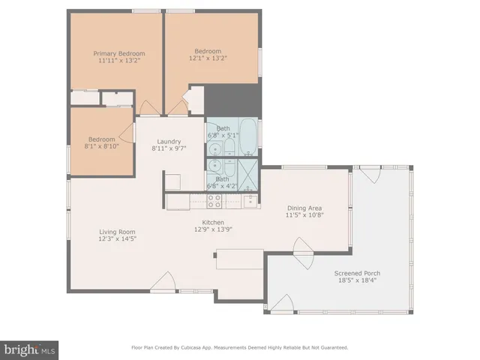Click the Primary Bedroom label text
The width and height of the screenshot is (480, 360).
click(x=118, y=54)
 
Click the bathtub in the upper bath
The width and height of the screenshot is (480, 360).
click(x=247, y=136)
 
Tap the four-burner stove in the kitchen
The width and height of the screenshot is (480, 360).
click(x=214, y=200)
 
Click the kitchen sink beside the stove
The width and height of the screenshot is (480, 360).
click(x=249, y=200)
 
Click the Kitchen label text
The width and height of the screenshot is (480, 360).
click(x=214, y=223)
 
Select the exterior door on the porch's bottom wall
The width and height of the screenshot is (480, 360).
click(x=282, y=304)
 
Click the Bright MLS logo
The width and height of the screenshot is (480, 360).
click(x=30, y=350)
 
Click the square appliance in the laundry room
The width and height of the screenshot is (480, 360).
click(x=172, y=181)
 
